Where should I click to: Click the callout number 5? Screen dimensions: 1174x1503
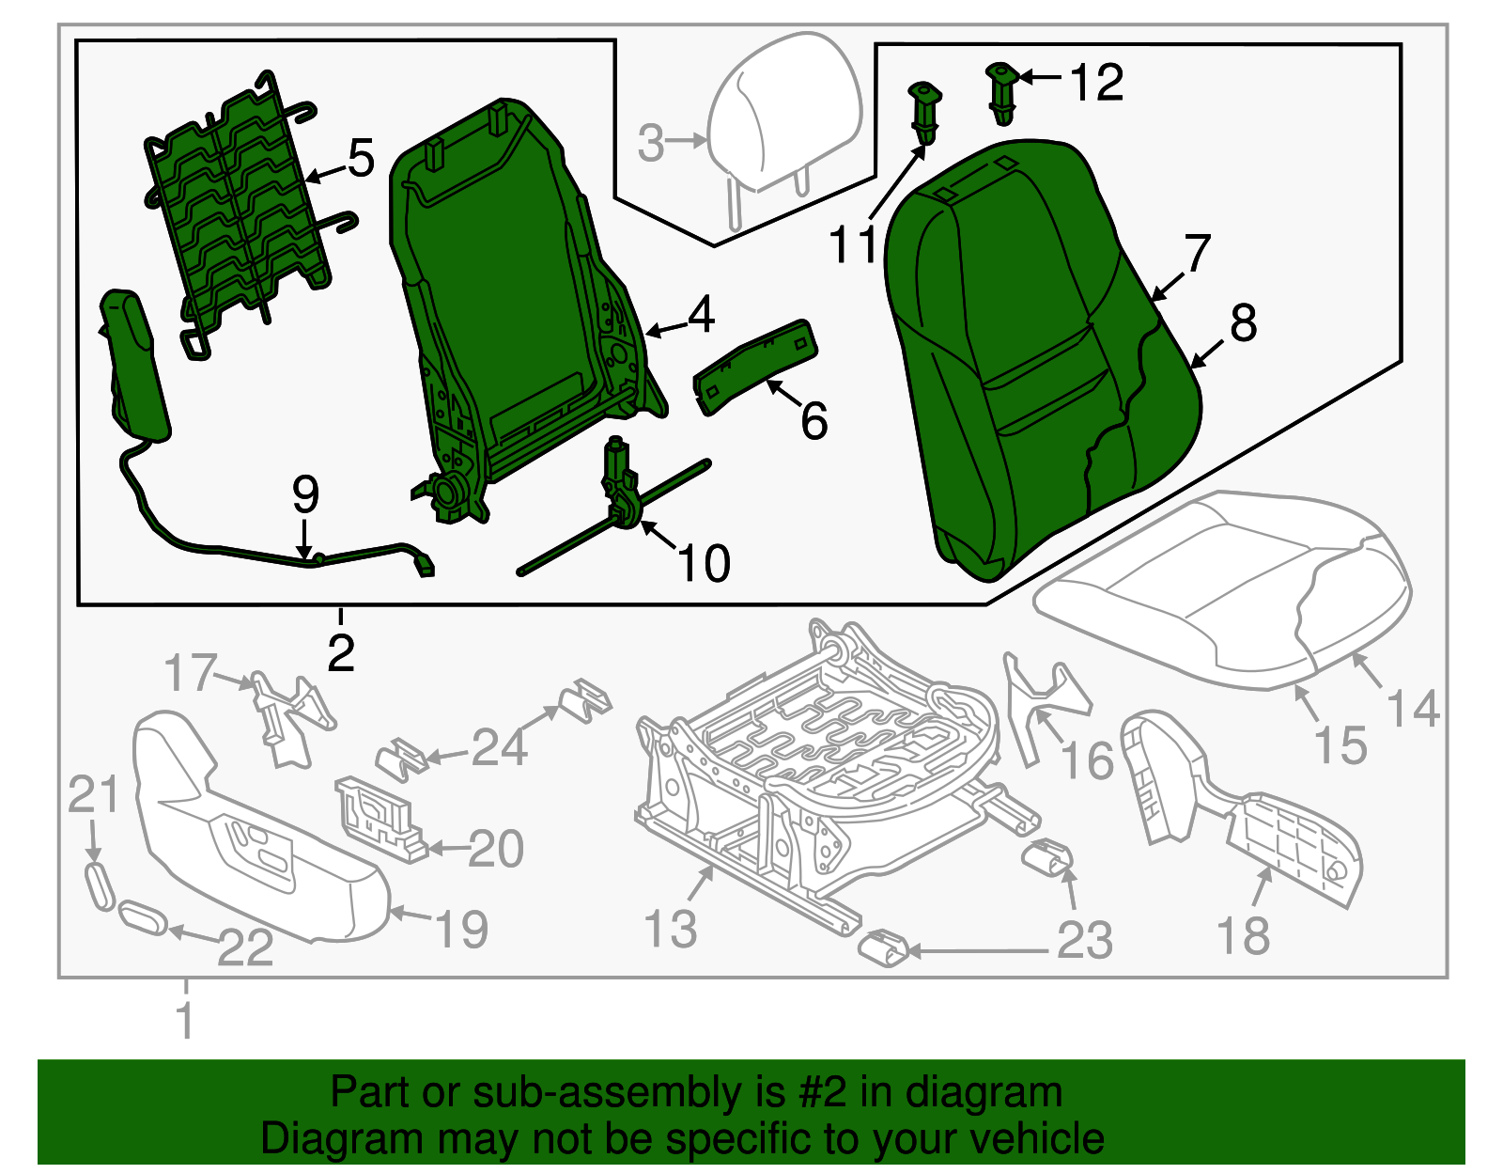(x=361, y=158)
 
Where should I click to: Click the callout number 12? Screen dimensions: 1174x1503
(x=1096, y=83)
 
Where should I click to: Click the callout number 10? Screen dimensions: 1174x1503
(x=703, y=564)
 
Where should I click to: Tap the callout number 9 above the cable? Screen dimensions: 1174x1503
(x=305, y=494)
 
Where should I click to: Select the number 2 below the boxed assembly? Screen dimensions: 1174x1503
(x=341, y=652)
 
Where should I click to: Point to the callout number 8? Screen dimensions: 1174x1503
(x=1243, y=323)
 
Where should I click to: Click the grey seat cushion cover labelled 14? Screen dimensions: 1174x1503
(x=1221, y=583)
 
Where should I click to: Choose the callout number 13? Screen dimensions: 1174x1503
(x=671, y=929)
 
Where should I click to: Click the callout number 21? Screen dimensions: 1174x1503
(x=93, y=795)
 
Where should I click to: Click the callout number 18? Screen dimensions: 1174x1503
(x=1243, y=936)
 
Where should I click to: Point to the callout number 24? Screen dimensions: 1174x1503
(x=499, y=748)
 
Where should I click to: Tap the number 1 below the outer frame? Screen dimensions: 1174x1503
(x=186, y=1021)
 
